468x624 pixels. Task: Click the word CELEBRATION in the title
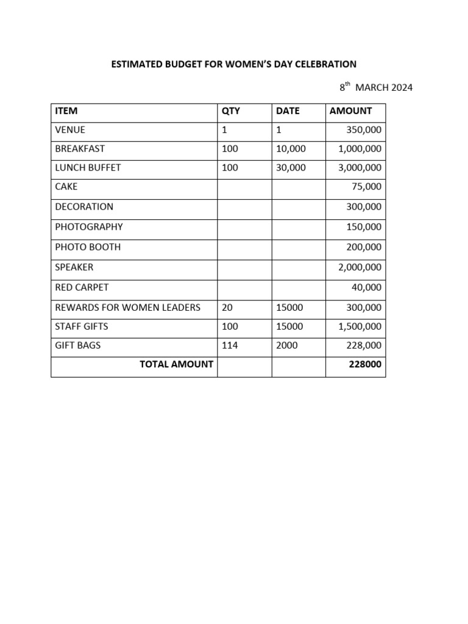click(327, 64)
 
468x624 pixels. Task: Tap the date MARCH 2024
click(384, 87)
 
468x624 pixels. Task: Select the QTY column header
click(231, 111)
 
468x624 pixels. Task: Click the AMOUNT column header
click(350, 111)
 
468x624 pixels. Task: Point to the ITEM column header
click(66, 111)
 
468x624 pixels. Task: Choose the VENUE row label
click(70, 130)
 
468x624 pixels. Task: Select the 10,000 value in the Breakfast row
click(291, 149)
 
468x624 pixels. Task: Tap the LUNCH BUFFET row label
click(88, 168)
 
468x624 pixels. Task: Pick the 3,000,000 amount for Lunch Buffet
click(360, 168)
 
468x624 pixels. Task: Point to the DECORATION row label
click(84, 207)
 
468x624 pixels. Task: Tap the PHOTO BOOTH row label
click(88, 247)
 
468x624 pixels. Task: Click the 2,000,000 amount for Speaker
click(360, 267)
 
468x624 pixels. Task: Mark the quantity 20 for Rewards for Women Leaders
click(227, 307)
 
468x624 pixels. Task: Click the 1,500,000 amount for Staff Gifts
click(360, 327)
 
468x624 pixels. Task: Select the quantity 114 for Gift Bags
click(230, 345)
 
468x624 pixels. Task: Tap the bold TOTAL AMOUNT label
click(176, 364)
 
